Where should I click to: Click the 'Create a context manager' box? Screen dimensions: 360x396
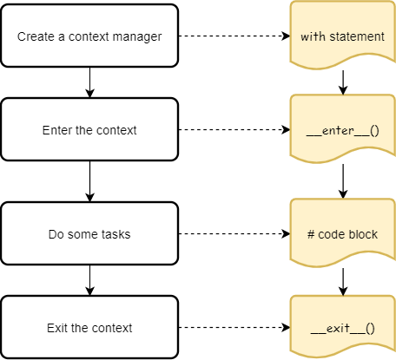89,36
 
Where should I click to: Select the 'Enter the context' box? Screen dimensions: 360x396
89,130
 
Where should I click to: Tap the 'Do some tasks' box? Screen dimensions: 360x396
89,233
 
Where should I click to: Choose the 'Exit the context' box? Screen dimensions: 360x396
89,327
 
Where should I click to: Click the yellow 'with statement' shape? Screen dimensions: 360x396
342,36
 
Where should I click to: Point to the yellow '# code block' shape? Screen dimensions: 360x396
342,233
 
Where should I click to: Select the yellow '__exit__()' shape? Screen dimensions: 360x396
342,327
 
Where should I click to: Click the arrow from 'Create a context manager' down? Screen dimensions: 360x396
89,82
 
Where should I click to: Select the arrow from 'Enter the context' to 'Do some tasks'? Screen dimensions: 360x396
89,181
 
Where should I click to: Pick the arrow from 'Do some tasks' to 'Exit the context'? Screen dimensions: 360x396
89,280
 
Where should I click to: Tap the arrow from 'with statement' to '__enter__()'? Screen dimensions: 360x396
344,81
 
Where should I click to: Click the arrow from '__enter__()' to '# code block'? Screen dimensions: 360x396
344,181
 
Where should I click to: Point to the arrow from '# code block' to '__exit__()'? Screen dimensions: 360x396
344,280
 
